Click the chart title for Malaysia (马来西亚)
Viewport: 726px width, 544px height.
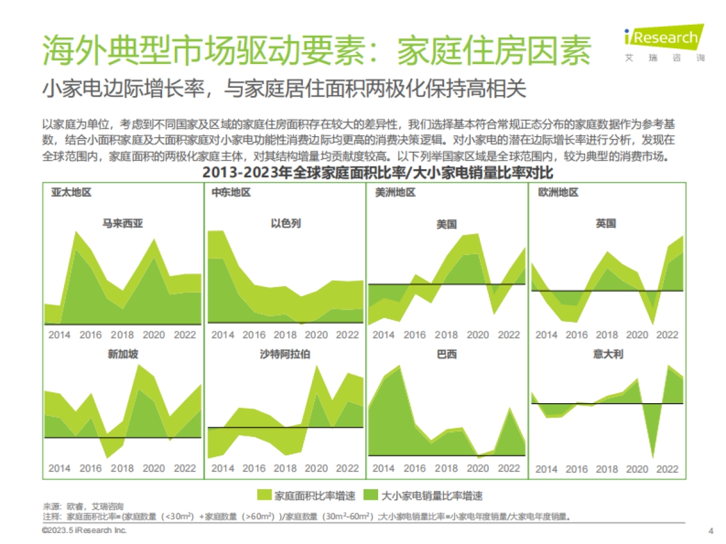(123, 224)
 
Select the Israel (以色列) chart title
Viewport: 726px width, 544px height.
(286, 224)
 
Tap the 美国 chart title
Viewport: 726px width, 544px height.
(446, 224)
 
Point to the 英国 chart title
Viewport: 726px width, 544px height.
(606, 224)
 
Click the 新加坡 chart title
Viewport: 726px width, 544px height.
(123, 354)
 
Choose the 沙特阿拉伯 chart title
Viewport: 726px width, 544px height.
(286, 354)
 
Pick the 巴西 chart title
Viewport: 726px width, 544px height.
(446, 354)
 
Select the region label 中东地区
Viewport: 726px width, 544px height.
(231, 193)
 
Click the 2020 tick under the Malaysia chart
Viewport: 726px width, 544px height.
(154, 335)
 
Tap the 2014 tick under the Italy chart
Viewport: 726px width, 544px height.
(546, 469)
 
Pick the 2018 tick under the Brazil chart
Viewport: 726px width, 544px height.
(446, 468)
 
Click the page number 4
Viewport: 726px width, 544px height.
(710, 531)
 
